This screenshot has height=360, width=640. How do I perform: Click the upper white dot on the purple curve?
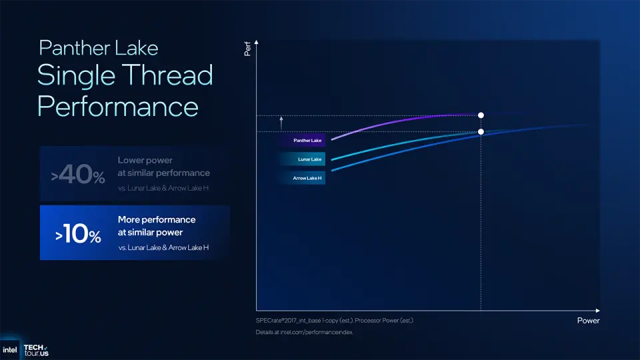[481, 115]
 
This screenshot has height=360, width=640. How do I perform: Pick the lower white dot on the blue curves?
[481, 132]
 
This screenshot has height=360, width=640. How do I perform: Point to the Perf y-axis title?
[247, 49]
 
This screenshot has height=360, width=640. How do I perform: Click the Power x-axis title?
[588, 321]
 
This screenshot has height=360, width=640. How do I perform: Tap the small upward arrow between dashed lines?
[281, 122]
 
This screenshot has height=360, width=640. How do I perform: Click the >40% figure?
[78, 176]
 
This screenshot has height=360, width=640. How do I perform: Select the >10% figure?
[78, 235]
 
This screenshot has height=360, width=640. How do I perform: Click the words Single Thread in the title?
[125, 75]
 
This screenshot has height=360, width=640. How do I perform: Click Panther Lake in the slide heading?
[99, 48]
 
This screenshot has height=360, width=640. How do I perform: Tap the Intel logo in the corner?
[11, 349]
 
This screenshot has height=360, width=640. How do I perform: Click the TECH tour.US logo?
[36, 350]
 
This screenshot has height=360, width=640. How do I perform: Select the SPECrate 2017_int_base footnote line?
[335, 321]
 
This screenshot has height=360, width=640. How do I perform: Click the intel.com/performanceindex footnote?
[304, 332]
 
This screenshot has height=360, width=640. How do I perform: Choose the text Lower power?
[145, 161]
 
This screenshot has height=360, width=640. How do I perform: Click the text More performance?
[157, 219]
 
